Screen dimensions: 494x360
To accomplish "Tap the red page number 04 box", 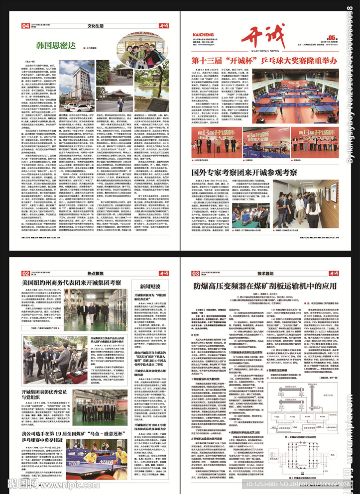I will click(x=24, y=26).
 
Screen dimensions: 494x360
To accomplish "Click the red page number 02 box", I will click(x=24, y=273).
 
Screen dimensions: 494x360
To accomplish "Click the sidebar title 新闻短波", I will click(x=150, y=287).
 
